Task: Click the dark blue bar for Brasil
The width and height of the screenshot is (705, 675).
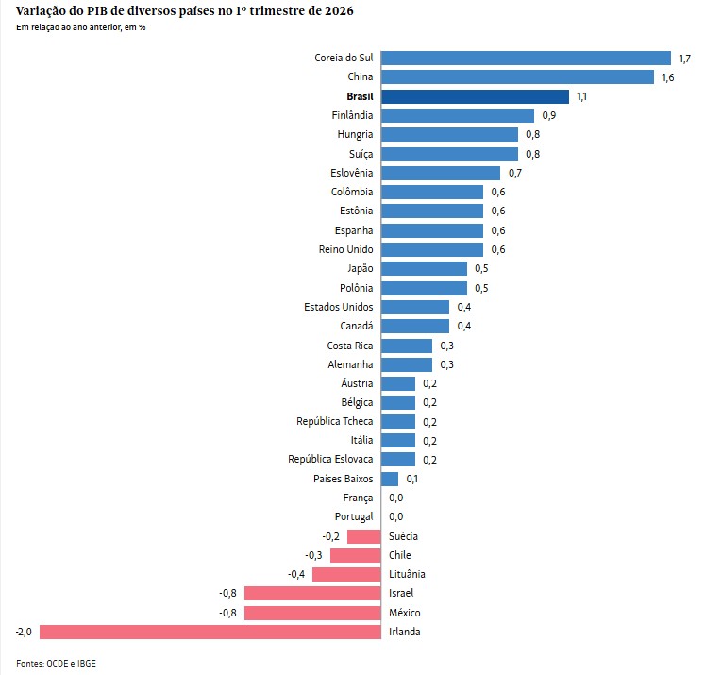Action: coord(475,96)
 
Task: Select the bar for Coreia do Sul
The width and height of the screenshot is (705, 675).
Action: coord(526,58)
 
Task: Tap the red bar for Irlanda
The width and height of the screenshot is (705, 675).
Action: coord(210,632)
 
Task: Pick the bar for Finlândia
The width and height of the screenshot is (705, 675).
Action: coord(458,115)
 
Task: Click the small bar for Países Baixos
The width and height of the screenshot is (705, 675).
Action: coord(390,479)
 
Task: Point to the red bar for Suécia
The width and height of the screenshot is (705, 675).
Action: coord(364,536)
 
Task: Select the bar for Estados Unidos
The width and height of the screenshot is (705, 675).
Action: coord(415,307)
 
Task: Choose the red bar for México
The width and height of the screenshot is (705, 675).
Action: coord(313,613)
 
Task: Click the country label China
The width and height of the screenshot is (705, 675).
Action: coord(361,76)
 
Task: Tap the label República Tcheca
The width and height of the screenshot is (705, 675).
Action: coord(335,421)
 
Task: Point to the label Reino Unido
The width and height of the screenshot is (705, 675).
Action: coord(345,249)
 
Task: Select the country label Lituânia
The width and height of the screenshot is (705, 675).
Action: coord(407,574)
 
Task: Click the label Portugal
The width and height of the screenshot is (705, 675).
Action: coord(354,517)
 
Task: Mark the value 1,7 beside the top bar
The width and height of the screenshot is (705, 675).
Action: coord(685,59)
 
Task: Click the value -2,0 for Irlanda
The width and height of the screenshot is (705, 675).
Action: coord(24,633)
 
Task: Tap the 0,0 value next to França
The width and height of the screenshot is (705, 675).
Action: coord(396,498)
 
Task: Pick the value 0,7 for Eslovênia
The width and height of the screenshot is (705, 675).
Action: coord(515,173)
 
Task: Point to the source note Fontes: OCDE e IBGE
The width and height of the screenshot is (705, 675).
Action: coord(57,664)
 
